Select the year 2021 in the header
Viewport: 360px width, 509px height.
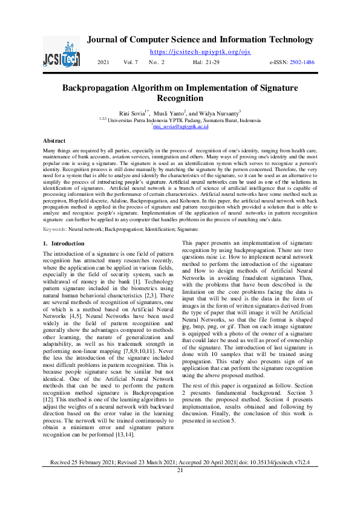103,63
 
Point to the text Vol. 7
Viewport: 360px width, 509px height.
131,63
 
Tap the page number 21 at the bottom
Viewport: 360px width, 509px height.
180,487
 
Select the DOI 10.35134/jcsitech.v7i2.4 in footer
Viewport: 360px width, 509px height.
275,479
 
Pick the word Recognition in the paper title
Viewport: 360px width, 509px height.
180,98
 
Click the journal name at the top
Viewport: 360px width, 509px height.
200,40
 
